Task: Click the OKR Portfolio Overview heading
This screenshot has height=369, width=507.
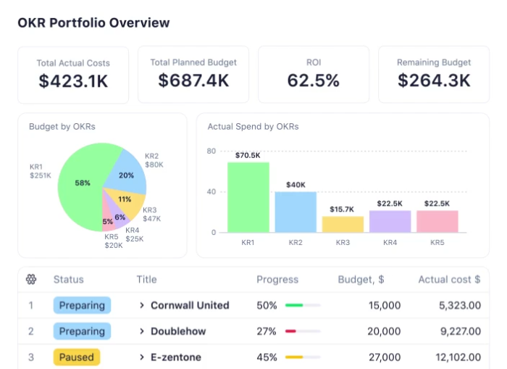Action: tap(93, 22)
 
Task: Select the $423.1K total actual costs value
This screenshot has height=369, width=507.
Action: tap(73, 80)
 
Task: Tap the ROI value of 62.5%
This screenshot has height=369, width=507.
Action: tap(313, 80)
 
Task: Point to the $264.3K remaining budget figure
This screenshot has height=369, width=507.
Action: tap(433, 80)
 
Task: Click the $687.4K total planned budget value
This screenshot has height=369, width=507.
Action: tap(193, 80)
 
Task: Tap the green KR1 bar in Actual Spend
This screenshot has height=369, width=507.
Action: tap(248, 197)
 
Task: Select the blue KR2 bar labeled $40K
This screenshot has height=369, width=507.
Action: tap(296, 212)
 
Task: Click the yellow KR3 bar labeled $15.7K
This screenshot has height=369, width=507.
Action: tap(343, 224)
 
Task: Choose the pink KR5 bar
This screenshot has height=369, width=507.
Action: tap(437, 221)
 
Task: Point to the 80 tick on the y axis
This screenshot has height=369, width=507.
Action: tap(211, 151)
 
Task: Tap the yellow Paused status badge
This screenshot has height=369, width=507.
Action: tap(76, 357)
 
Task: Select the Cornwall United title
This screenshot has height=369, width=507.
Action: tap(190, 305)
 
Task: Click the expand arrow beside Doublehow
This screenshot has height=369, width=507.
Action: tap(142, 331)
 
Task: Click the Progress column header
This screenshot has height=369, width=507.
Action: tap(277, 279)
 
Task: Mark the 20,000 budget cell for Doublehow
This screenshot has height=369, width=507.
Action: tap(383, 331)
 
